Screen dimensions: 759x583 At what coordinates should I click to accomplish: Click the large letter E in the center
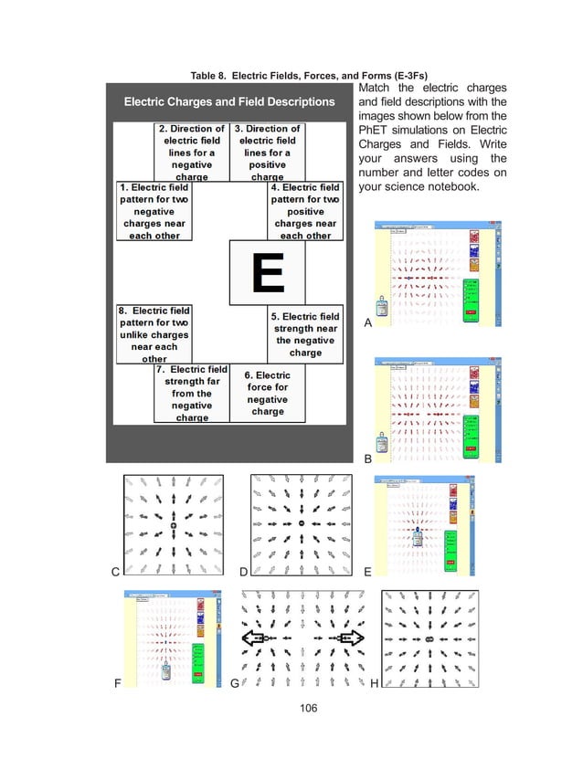271,272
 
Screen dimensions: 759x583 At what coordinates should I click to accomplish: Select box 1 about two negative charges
154,211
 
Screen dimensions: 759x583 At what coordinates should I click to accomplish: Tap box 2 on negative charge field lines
190,153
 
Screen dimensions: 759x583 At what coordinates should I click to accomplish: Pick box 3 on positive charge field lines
267,153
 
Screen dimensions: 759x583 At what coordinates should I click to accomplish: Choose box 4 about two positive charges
305,211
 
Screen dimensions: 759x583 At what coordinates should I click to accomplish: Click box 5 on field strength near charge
305,334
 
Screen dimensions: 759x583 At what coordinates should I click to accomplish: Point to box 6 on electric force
267,393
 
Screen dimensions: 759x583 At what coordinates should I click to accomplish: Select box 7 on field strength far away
191,394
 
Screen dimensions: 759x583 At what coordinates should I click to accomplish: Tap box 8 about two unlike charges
154,334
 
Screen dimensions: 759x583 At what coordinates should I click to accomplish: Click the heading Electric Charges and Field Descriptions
229,101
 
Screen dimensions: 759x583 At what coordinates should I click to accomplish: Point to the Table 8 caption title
291,74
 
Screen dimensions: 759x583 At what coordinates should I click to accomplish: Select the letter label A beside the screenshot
368,322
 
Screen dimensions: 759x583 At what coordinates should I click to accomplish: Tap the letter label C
115,572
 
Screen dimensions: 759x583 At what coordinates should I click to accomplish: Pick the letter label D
243,572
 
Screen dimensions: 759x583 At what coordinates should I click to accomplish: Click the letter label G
235,682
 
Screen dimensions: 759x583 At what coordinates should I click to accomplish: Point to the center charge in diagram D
300,522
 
